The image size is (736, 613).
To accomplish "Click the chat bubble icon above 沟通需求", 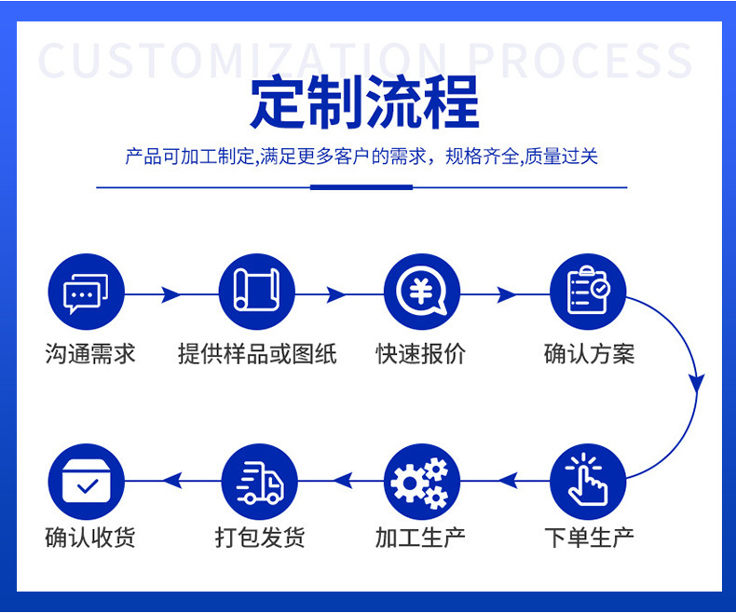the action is [x=86, y=292].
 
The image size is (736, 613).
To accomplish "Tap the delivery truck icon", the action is [x=259, y=482].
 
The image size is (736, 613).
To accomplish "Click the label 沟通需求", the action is [x=90, y=354].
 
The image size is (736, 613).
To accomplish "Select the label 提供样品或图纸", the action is [x=257, y=354].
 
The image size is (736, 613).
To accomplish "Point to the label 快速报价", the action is [x=421, y=354].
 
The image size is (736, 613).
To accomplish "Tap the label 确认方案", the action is [x=589, y=354].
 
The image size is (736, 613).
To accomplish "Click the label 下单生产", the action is [x=589, y=538].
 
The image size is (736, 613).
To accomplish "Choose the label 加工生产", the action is [x=420, y=538].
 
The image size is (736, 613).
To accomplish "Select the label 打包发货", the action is [x=260, y=538].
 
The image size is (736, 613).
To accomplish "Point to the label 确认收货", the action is [x=90, y=538].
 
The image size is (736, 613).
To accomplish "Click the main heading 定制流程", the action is [x=364, y=102].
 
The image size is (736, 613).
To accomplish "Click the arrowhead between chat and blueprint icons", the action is [x=170, y=294].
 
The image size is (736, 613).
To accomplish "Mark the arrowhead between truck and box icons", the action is [x=172, y=481].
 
